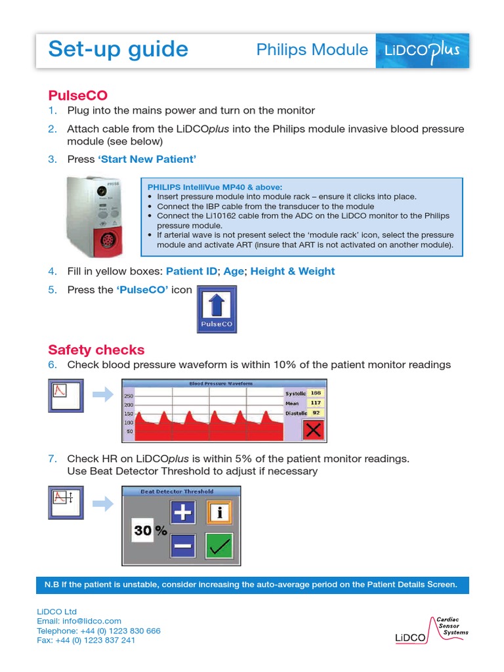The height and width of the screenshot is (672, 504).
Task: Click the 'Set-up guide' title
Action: [118, 50]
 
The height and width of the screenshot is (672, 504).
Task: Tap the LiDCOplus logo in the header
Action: [422, 51]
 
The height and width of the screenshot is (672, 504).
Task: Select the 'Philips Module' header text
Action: [312, 50]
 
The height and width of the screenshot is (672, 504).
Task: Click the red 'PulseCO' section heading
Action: [77, 95]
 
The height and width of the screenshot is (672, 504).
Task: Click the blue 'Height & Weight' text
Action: [292, 271]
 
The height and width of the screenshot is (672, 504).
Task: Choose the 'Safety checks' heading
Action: [96, 350]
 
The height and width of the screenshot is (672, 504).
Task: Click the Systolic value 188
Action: [316, 392]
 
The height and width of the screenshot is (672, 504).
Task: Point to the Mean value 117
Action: [316, 403]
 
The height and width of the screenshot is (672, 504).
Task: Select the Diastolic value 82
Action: [316, 413]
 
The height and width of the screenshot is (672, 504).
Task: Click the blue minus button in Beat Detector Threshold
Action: [183, 545]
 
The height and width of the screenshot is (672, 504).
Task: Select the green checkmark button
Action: [219, 545]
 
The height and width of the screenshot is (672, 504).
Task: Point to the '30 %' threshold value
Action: [150, 531]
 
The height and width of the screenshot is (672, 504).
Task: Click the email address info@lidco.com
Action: [79, 621]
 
